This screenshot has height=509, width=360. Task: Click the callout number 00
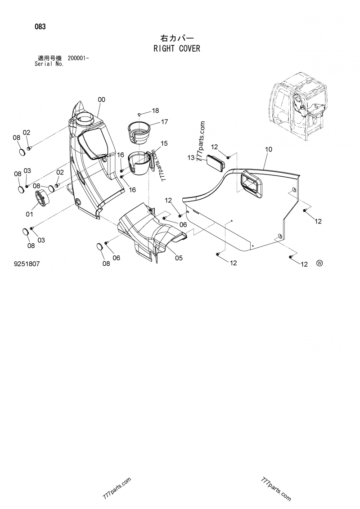coord(102,99)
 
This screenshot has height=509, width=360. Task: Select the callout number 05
coord(179,258)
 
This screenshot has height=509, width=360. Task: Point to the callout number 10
coord(269,149)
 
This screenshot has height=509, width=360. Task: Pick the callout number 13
coord(191,157)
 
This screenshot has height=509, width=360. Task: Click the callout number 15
coord(164,143)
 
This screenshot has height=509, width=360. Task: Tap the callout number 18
coord(155,111)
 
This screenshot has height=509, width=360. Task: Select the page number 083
coord(40,27)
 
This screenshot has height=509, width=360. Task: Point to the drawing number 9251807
coord(27,264)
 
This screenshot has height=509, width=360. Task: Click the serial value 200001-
coord(78,58)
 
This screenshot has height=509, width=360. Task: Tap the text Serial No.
coord(49,64)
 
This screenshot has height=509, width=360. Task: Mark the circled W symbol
coord(320,263)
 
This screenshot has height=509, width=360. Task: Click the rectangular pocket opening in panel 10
coord(250,183)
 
